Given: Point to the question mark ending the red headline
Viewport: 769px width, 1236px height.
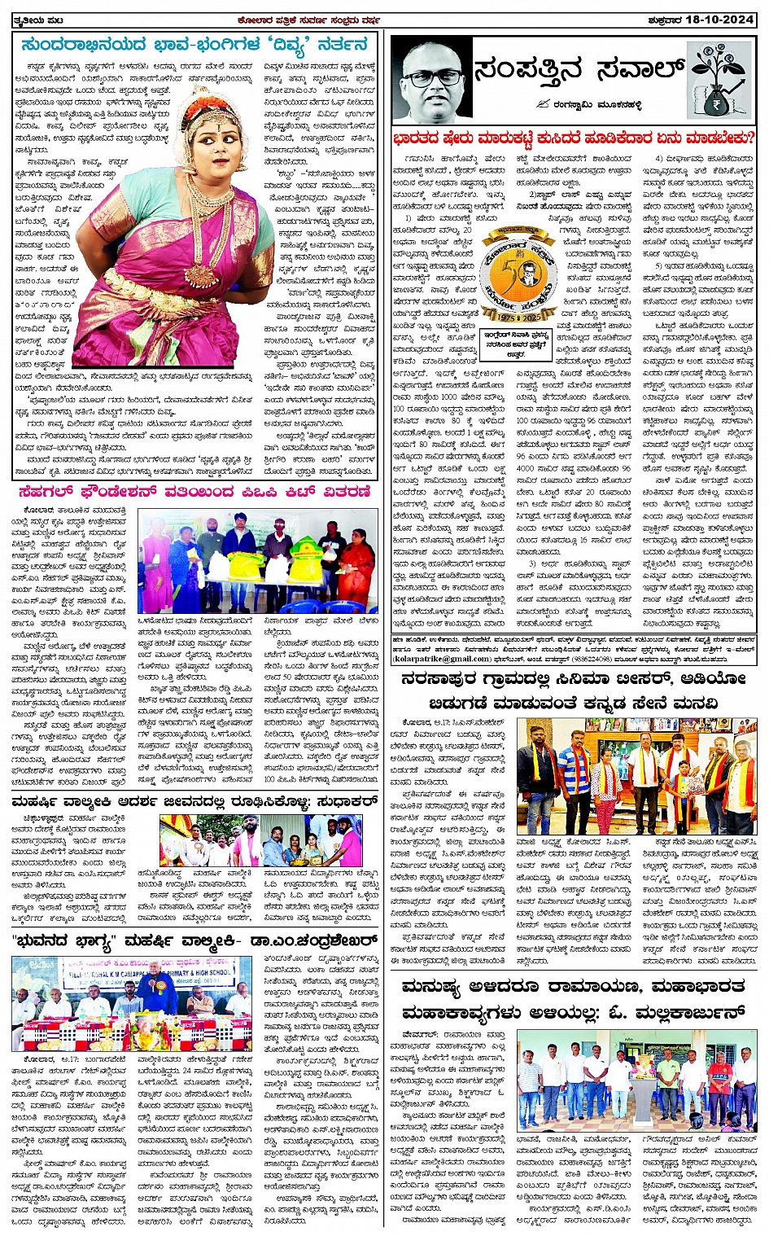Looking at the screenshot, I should tap(749, 138).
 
